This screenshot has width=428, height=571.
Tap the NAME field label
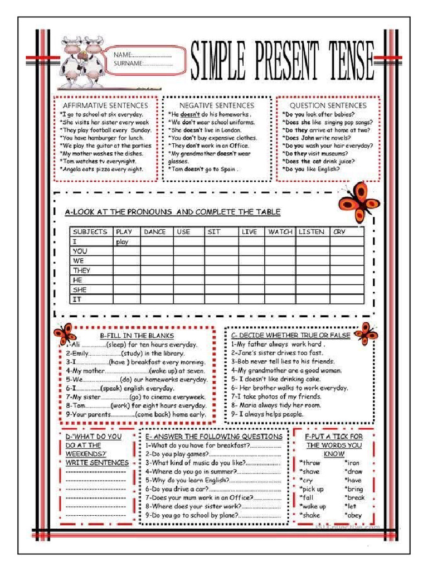click(x=123, y=55)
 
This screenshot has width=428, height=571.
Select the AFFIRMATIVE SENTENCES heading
click(x=105, y=105)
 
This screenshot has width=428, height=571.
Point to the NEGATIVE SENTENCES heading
click(x=216, y=105)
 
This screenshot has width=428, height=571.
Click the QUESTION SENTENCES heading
click(x=328, y=105)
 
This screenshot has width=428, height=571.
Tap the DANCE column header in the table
click(x=154, y=231)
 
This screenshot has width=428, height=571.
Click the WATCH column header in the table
click(x=280, y=231)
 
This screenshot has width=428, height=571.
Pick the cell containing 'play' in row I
click(x=123, y=242)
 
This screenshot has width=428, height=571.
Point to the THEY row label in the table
click(x=82, y=270)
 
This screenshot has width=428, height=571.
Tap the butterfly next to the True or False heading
click(x=366, y=333)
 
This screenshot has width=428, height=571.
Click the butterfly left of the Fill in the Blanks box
click(x=65, y=335)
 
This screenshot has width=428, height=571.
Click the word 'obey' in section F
click(x=354, y=515)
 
